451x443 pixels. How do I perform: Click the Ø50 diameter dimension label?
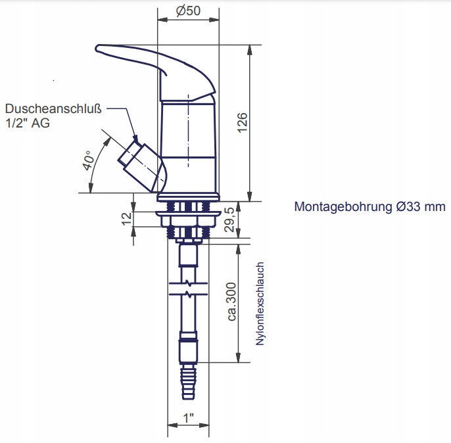tap(189, 12)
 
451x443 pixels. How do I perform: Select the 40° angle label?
tap(87, 160)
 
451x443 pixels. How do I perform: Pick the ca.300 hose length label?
tap(231, 302)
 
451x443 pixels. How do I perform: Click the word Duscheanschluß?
tap(54, 109)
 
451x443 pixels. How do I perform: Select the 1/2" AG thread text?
tap(28, 123)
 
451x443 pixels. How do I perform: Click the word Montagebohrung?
tap(344, 207)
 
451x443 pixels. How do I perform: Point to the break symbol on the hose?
tap(189, 289)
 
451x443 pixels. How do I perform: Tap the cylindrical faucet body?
tap(189, 145)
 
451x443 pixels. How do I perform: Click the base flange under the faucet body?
tap(189, 197)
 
